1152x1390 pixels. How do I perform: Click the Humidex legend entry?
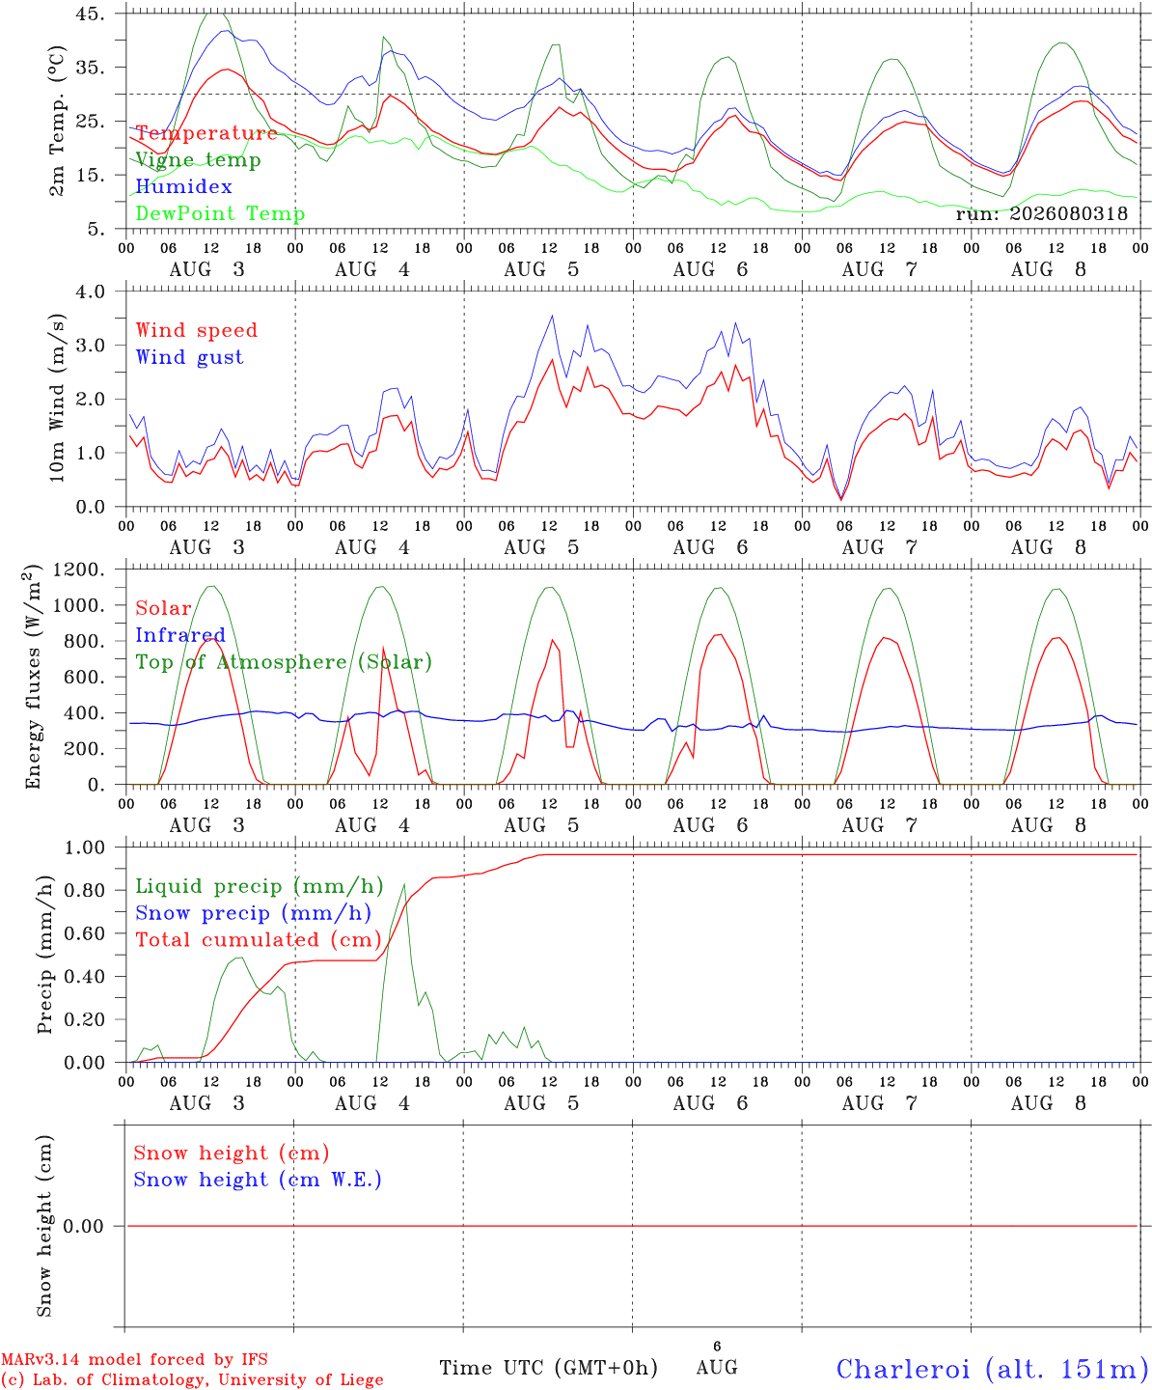click(x=183, y=186)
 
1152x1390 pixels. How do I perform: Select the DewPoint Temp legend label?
click(x=220, y=213)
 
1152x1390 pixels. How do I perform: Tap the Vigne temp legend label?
click(x=198, y=160)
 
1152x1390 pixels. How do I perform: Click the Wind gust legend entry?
click(x=190, y=357)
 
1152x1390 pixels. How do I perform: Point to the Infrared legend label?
click(x=180, y=634)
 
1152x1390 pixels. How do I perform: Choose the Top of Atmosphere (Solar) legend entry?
click(x=285, y=662)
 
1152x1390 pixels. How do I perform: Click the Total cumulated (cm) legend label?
click(x=259, y=939)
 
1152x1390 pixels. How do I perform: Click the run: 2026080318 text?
click(x=1042, y=213)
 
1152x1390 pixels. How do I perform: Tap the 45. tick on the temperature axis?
click(x=90, y=14)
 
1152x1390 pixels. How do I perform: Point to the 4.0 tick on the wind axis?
click(x=90, y=292)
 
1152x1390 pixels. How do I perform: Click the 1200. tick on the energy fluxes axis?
click(x=79, y=570)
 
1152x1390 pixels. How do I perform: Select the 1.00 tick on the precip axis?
click(x=85, y=848)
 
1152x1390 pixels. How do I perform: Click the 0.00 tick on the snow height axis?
click(x=83, y=1226)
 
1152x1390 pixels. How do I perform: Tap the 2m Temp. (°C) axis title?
click(x=58, y=122)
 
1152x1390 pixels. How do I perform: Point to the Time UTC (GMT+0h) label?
click(x=548, y=1368)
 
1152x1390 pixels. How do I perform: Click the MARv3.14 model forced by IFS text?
click(x=134, y=1359)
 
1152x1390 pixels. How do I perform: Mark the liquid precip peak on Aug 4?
click(x=404, y=884)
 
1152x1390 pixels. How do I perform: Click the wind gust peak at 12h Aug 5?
click(x=552, y=317)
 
